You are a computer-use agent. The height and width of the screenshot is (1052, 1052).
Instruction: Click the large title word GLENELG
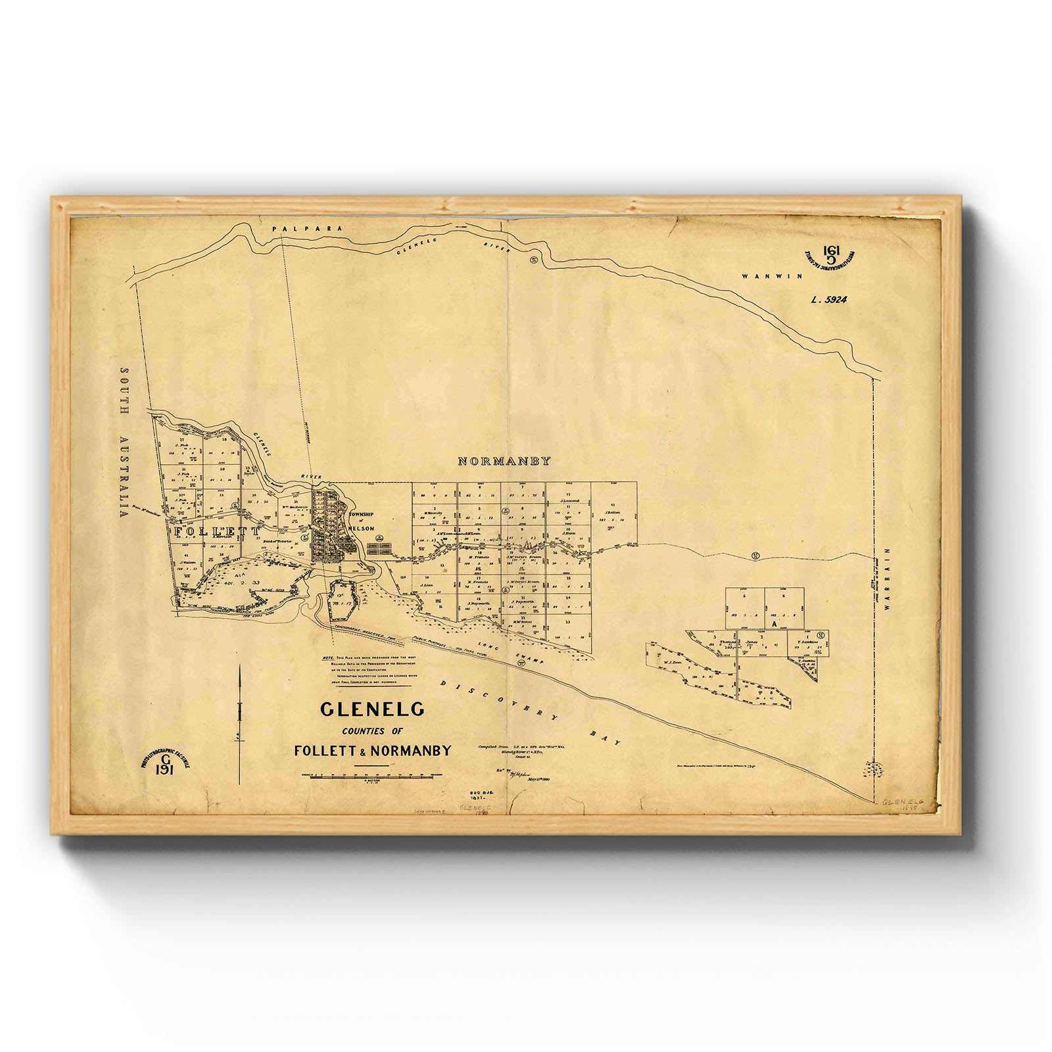(x=372, y=709)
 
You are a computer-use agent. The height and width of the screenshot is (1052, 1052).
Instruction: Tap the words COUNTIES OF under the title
(x=372, y=731)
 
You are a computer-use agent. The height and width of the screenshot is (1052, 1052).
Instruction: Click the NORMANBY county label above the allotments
(x=504, y=462)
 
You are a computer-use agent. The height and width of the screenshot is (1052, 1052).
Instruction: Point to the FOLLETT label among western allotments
(x=216, y=531)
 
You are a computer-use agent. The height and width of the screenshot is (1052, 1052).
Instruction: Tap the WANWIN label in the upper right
(x=772, y=277)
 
